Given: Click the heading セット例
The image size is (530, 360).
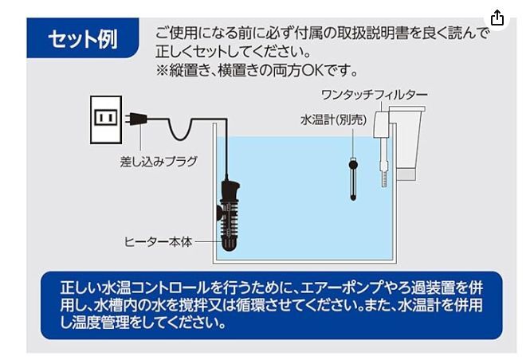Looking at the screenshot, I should pyautogui.click(x=81, y=39).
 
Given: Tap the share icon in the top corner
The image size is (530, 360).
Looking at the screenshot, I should pyautogui.click(x=497, y=18).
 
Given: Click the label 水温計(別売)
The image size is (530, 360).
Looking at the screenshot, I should pyautogui.click(x=323, y=120).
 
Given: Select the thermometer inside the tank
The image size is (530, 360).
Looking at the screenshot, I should pyautogui.click(x=351, y=177).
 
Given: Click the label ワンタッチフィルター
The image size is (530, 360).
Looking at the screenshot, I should pyautogui.click(x=375, y=95).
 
